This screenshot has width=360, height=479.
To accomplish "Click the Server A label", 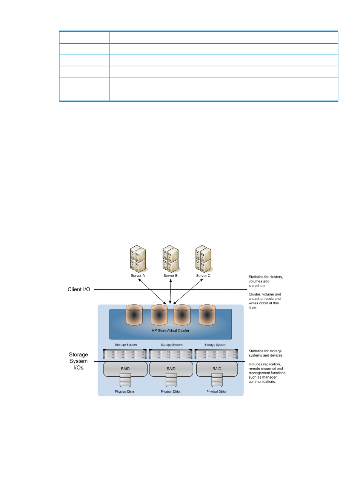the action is pyautogui.click(x=137, y=276).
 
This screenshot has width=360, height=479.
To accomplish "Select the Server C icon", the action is pyautogui.click(x=203, y=259).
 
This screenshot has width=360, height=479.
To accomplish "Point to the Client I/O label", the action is pyautogui.click(x=79, y=289).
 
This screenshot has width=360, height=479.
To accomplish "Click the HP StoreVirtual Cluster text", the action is pyautogui.click(x=171, y=331).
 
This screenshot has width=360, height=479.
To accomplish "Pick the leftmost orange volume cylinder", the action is pyautogui.click(x=134, y=315).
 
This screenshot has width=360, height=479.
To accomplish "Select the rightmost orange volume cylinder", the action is pyautogui.click(x=207, y=315).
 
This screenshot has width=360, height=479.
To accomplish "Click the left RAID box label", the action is pyautogui.click(x=125, y=368).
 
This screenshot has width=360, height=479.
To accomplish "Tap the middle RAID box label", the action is pyautogui.click(x=171, y=368).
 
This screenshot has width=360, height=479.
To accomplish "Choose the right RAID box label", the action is pyautogui.click(x=217, y=368).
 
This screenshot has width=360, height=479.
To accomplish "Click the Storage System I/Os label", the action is pyautogui.click(x=78, y=361).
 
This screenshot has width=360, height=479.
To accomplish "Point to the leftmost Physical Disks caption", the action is pyautogui.click(x=125, y=391).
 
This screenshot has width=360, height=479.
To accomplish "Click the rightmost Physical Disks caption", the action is pyautogui.click(x=216, y=391).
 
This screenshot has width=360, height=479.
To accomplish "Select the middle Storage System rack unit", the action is pyautogui.click(x=171, y=354).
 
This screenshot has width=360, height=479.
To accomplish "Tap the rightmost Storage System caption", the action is pyautogui.click(x=215, y=345).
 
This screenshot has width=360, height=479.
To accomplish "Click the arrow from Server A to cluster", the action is pyautogui.click(x=152, y=291).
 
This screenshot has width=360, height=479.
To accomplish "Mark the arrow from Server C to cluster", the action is pyautogui.click(x=188, y=291).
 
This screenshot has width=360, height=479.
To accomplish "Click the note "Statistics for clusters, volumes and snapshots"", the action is pyautogui.click(x=266, y=281).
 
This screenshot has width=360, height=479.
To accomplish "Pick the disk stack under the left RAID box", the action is pyautogui.click(x=125, y=380).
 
